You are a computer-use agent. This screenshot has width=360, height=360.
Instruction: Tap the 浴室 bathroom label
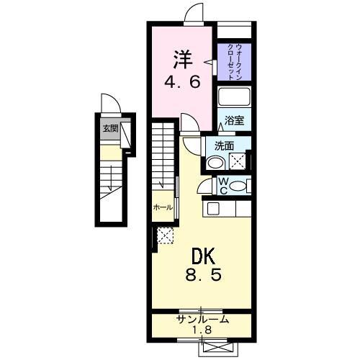[233, 121]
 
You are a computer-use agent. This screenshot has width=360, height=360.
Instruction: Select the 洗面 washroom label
[224, 145]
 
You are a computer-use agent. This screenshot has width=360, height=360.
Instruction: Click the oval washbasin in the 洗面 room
[214, 163]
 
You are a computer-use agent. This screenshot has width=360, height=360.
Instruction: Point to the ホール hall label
[162, 207]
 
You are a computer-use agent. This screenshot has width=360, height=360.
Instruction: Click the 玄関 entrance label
[109, 130]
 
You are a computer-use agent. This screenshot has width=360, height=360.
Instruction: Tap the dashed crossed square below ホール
[165, 235]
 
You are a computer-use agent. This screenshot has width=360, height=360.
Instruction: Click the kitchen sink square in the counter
[213, 208]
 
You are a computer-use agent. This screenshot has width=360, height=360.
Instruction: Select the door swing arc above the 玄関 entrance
[107, 104]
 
